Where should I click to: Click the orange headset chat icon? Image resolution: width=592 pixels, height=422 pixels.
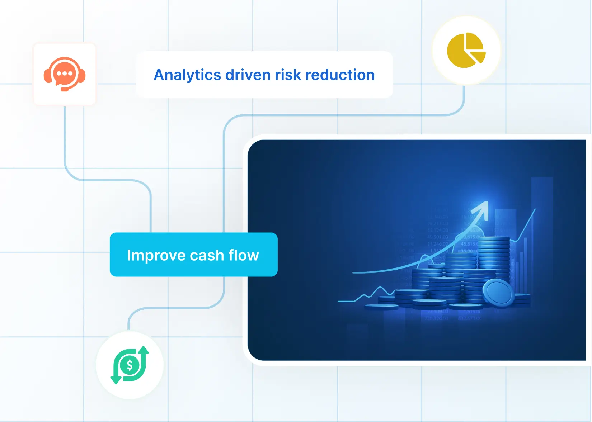pos(65,74)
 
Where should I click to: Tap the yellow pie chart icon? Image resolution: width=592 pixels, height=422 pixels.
pos(465,51)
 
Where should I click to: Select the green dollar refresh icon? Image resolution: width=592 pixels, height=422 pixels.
pos(130,365)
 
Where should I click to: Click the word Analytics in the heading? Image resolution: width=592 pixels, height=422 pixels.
pos(187,75)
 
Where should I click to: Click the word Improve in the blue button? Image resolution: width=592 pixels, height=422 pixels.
pos(156,255)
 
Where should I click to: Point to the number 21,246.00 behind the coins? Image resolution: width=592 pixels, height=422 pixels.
pos(437,244)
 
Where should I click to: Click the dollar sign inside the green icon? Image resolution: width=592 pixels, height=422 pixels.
pos(130,365)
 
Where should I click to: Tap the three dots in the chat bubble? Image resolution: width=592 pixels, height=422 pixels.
pos(65,74)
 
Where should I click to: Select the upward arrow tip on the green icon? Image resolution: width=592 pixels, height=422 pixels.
pos(144,349)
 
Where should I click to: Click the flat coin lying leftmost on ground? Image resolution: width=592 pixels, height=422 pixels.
pos(381,307)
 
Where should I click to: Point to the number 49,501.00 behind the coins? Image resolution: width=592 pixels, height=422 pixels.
pos(437,237)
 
